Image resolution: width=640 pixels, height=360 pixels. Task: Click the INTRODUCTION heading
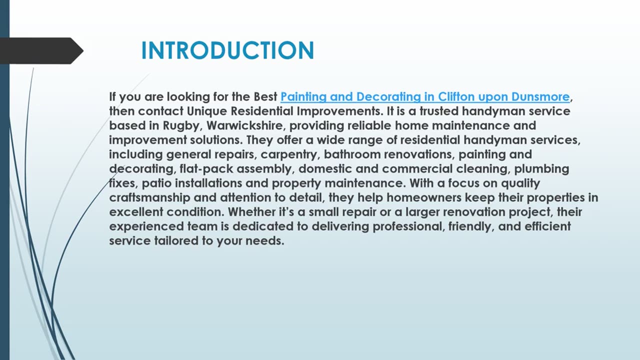(x=227, y=51)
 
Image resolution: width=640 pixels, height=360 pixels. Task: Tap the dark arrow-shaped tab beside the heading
(x=40, y=50)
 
